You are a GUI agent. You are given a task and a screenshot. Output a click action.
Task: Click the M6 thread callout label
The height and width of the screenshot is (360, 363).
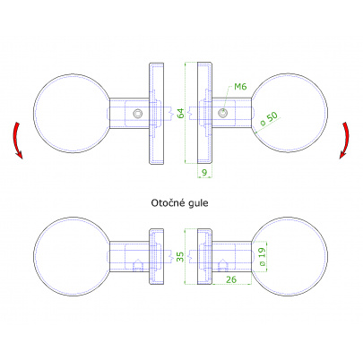(240, 87)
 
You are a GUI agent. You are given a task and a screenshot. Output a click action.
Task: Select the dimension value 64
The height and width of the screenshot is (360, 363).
(181, 114)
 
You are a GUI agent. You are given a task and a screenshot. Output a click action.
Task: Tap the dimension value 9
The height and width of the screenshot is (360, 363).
(204, 173)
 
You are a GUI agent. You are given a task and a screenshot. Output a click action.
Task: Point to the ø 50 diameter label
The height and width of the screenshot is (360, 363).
(269, 118)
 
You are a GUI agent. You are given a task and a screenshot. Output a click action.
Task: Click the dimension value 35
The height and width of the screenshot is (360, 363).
(180, 257)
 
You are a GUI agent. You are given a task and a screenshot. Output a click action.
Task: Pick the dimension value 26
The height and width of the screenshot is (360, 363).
(231, 279)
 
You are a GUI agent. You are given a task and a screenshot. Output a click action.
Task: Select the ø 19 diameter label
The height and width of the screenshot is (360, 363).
(262, 257)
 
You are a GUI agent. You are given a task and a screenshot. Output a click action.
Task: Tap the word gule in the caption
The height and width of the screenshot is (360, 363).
(199, 203)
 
